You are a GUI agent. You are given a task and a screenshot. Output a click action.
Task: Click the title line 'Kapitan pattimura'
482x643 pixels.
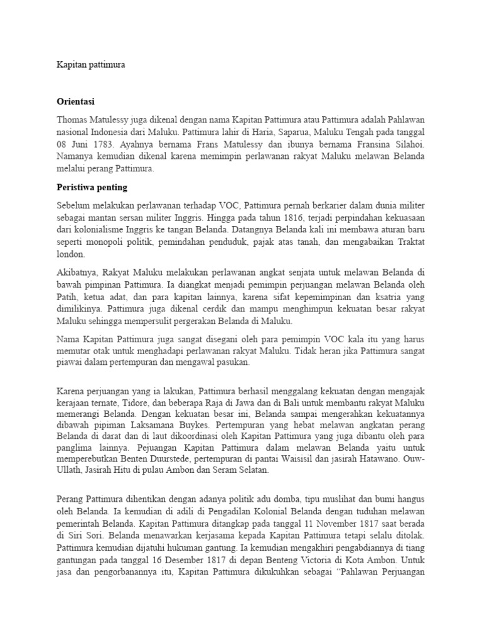click(91, 65)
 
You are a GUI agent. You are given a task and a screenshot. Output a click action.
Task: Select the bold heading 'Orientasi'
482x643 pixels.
click(77, 101)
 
